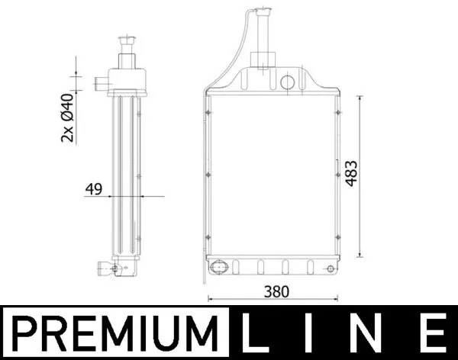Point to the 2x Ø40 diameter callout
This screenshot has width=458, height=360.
click(67, 117)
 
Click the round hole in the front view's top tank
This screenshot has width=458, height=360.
click(289, 82)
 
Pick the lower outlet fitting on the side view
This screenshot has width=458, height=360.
click(105, 267)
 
